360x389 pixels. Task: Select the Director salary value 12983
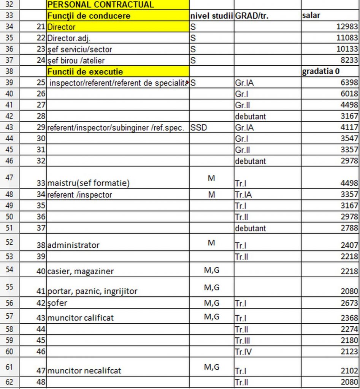tap(347, 27)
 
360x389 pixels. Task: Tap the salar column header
tap(311, 16)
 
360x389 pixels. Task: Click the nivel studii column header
tap(211, 16)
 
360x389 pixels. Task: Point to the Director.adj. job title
tap(69, 38)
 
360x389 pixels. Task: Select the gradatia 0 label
tap(320, 71)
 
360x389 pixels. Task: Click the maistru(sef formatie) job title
tap(88, 183)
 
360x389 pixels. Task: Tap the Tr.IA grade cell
tap(244, 195)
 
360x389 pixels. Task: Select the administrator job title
tap(73, 245)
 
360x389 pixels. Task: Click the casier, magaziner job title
tap(81, 271)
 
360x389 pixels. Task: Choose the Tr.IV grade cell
tap(243, 352)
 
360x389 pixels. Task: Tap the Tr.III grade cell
tap(243, 340)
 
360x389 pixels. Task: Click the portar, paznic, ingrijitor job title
tap(92, 291)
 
